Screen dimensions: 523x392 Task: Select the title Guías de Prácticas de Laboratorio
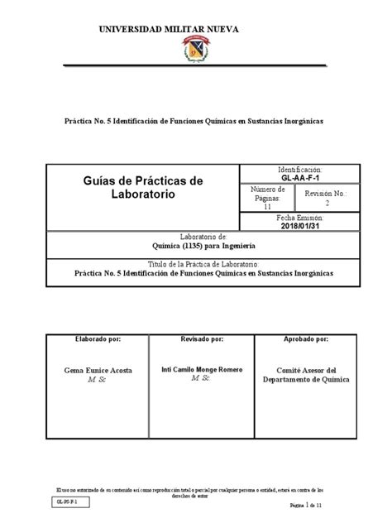[x=145, y=187]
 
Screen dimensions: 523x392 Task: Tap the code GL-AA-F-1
[x=299, y=177]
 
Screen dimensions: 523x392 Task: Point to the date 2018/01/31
[x=299, y=226]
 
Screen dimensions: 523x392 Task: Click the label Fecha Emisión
[x=299, y=218]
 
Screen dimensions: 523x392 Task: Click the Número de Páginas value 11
[x=266, y=208]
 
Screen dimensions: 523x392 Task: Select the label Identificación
[x=299, y=169]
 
